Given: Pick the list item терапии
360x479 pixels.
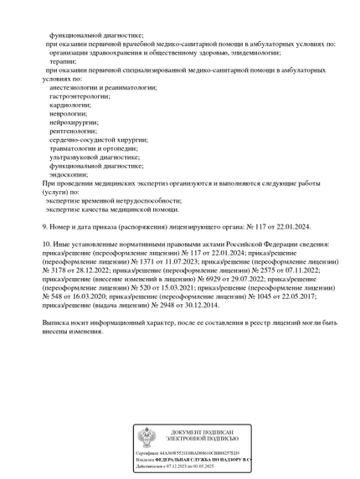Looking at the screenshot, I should [x=62, y=61].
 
